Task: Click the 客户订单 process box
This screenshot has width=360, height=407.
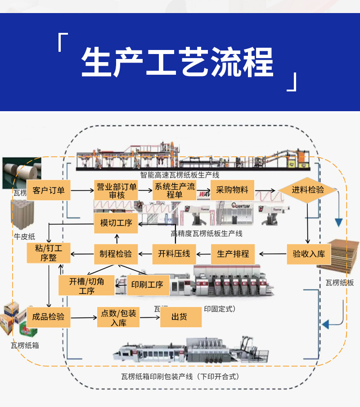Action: [x=49, y=190]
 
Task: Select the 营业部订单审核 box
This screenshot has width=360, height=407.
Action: [x=117, y=190]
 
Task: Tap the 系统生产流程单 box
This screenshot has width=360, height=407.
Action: [x=175, y=190]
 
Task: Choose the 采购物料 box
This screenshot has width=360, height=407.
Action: [x=232, y=190]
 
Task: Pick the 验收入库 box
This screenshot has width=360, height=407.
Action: [x=309, y=254]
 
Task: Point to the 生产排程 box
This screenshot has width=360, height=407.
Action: [x=233, y=254]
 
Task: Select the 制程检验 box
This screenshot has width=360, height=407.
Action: [x=116, y=254]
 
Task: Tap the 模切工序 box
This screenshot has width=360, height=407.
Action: [x=116, y=223]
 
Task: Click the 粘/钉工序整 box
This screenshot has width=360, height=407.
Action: [x=49, y=253]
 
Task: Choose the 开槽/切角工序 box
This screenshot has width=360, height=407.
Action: [x=86, y=285]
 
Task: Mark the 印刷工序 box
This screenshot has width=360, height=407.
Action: [x=147, y=285]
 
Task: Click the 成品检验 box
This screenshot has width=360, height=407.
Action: [x=48, y=317]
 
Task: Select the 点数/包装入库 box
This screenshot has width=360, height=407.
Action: [x=118, y=317]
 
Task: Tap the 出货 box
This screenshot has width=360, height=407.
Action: [x=180, y=317]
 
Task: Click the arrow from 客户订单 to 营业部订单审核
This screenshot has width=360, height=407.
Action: [x=82, y=190]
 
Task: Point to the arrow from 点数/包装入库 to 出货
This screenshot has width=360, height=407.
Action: [x=149, y=318]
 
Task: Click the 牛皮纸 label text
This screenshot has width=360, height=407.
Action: [x=24, y=236]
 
